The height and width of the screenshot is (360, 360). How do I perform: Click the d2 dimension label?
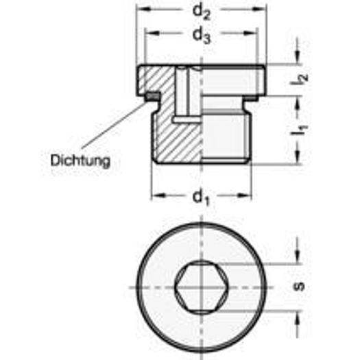pyautogui.click(x=200, y=12)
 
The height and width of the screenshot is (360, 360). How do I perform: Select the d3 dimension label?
pyautogui.click(x=200, y=36)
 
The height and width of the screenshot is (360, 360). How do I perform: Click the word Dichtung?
pyautogui.click(x=80, y=162)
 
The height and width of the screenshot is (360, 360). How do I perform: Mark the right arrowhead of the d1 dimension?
pyautogui.click(x=246, y=196)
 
